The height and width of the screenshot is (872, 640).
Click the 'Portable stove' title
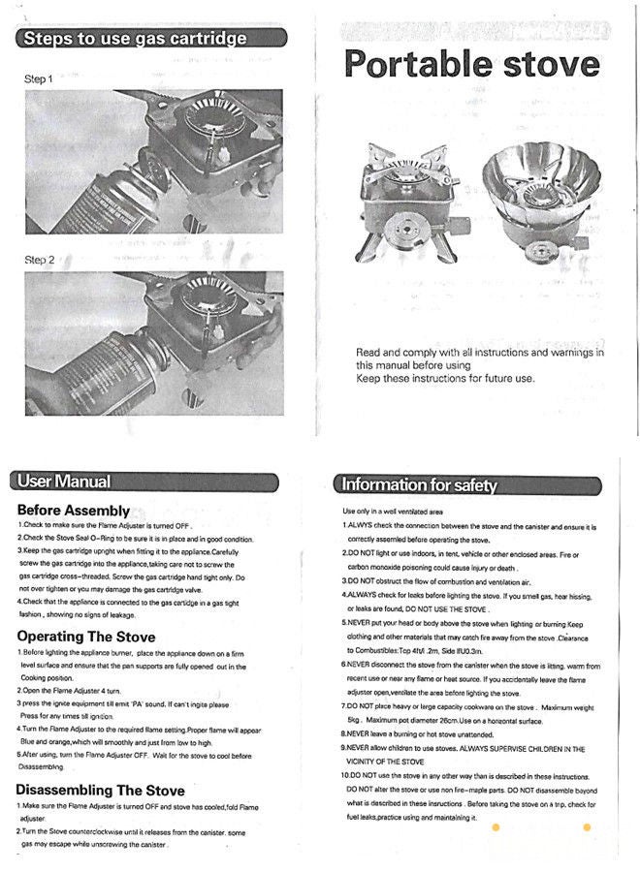click(472, 64)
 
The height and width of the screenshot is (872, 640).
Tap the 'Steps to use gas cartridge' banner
click(135, 39)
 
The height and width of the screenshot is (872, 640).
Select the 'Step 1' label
click(39, 78)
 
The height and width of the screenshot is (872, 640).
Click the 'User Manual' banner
click(66, 481)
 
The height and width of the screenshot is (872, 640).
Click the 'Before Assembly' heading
click(74, 511)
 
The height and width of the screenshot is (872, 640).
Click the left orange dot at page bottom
click(496, 826)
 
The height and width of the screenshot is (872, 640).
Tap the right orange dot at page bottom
click(586, 826)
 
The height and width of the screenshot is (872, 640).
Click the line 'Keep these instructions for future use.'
click(445, 378)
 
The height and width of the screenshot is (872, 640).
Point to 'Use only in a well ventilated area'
click(393, 511)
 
